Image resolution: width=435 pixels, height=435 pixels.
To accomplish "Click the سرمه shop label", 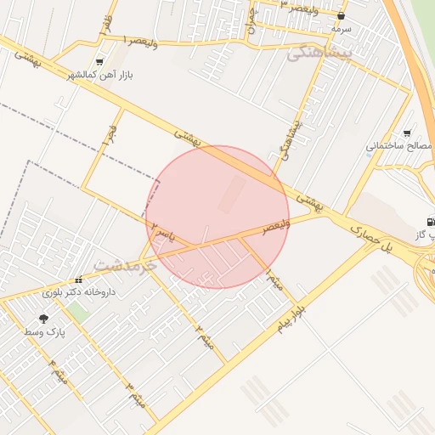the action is point(342,28).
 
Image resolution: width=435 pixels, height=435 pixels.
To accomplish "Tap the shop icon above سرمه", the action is point(342,15).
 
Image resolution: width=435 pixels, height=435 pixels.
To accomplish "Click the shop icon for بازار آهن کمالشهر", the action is point(100,61).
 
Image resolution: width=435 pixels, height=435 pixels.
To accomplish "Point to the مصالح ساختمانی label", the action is point(399,146).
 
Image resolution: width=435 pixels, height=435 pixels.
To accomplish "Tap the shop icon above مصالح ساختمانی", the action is point(407,133).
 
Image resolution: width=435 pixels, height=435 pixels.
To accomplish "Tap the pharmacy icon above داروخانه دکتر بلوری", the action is point(79,279).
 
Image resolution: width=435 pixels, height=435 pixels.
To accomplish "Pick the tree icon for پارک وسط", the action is point(43,318).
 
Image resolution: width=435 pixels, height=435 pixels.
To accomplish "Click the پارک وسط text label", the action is point(43,331).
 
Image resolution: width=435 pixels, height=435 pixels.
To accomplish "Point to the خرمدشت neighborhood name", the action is point(126,265).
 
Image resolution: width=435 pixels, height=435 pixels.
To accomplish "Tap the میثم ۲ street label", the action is point(202,336).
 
